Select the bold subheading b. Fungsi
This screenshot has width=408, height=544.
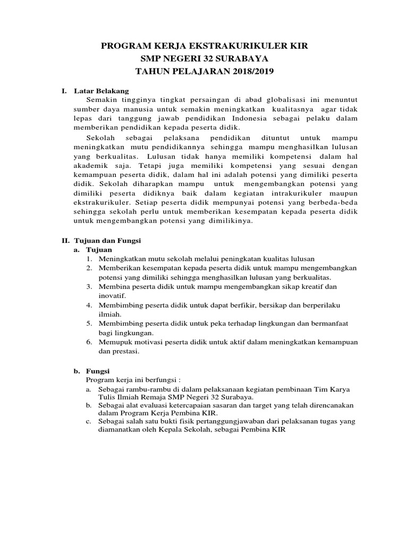coord(92,372)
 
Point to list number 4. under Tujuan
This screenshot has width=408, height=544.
coord(89,305)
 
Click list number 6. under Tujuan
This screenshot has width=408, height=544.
coord(89,342)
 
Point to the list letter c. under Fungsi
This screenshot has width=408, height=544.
coord(88,421)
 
